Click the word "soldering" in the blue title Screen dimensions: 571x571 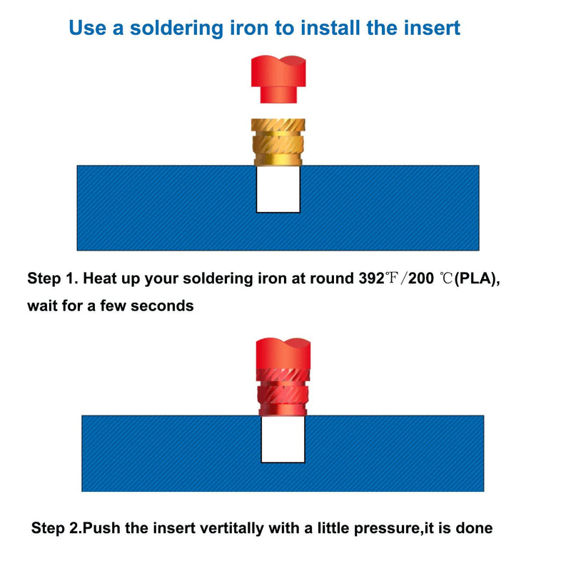pyautogui.click(x=176, y=29)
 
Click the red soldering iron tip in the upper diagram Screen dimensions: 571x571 pyautogui.click(x=278, y=79)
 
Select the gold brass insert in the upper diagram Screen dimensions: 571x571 pyautogui.click(x=278, y=142)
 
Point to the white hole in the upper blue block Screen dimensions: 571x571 pyautogui.click(x=278, y=189)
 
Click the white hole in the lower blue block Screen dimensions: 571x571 pyautogui.click(x=283, y=440)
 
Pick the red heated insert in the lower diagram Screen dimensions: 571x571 pyautogui.click(x=283, y=392)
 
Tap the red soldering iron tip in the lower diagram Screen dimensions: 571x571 pyautogui.click(x=283, y=353)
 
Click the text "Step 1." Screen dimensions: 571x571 pyautogui.click(x=53, y=279)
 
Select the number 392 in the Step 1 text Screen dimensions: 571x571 pyautogui.click(x=371, y=278)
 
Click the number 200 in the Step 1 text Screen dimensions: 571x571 pyautogui.click(x=421, y=278)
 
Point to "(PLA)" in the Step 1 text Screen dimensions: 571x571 pyautogui.click(x=477, y=279)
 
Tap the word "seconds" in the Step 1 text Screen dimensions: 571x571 pyautogui.click(x=162, y=306)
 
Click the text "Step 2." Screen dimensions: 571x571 pyautogui.click(x=57, y=528)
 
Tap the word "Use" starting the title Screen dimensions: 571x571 pyautogui.click(x=87, y=28)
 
